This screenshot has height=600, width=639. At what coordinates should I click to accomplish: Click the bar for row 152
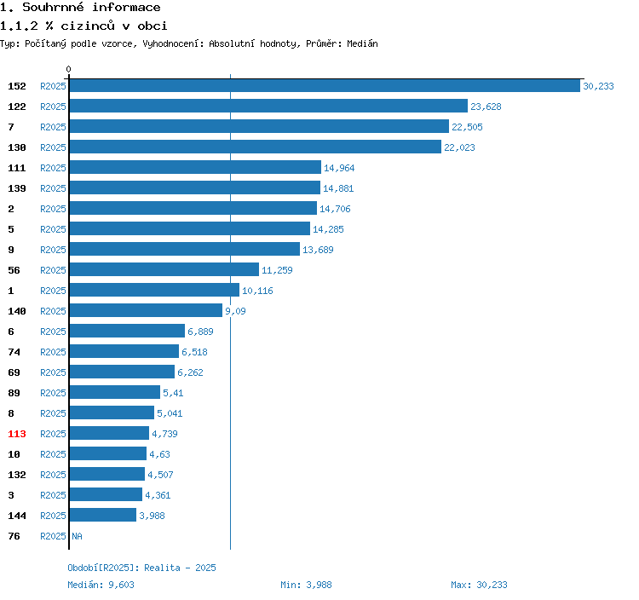click(325, 85)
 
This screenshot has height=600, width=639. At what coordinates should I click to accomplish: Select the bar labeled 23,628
click(268, 106)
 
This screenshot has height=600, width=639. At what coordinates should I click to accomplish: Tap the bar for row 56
click(164, 269)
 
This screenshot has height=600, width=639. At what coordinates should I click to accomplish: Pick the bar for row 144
click(103, 515)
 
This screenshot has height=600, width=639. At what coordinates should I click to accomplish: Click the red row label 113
click(17, 434)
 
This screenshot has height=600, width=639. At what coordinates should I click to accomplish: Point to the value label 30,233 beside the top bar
click(598, 86)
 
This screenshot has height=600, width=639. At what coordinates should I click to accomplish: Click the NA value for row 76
click(77, 536)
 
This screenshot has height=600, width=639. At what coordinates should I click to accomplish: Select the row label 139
click(17, 188)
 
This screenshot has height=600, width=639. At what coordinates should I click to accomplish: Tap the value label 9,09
click(236, 311)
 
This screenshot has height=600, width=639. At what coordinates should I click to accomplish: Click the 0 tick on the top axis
click(69, 70)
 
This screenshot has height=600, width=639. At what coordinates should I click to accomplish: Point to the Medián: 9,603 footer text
click(101, 585)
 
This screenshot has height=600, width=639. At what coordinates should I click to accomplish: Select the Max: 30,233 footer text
click(479, 585)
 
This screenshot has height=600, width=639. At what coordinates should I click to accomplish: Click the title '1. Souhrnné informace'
click(80, 8)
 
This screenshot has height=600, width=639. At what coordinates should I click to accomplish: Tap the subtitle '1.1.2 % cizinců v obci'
click(83, 26)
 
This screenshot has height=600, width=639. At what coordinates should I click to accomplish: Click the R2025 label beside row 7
click(53, 127)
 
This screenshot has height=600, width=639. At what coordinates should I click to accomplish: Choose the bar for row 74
click(124, 351)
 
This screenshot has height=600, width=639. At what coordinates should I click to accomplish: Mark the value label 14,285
click(328, 229)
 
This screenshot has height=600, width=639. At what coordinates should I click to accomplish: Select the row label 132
click(17, 475)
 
